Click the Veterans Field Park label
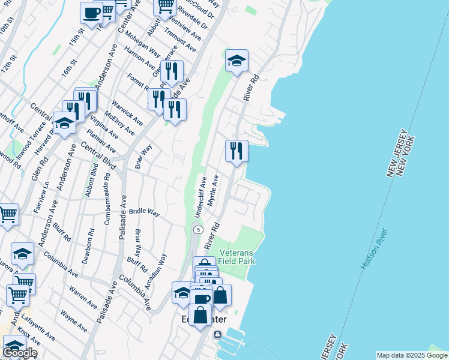[x=237, y=257]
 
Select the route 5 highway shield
[x=197, y=230]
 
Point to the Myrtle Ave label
[x=211, y=191]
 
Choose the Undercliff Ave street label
[x=200, y=196]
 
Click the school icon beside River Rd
[x=237, y=61]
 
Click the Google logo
[x=20, y=353]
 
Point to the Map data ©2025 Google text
[x=412, y=355]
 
